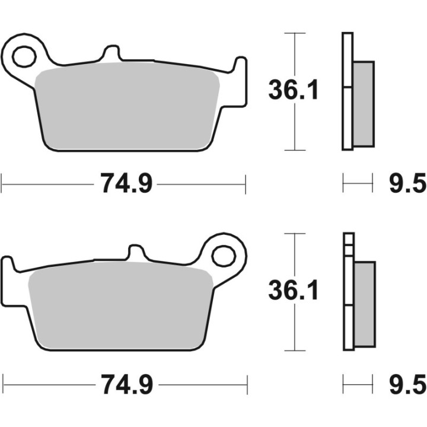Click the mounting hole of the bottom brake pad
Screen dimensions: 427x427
[x=225, y=256]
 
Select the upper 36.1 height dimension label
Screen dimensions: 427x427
[x=294, y=91]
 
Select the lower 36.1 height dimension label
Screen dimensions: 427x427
[x=294, y=291]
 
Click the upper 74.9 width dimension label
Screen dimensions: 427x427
[x=126, y=184]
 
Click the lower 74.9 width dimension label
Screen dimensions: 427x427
[x=126, y=385]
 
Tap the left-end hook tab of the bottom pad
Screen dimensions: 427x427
[x=8, y=267]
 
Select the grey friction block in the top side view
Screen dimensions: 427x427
[x=364, y=104]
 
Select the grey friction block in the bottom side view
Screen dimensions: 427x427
[x=364, y=304]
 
